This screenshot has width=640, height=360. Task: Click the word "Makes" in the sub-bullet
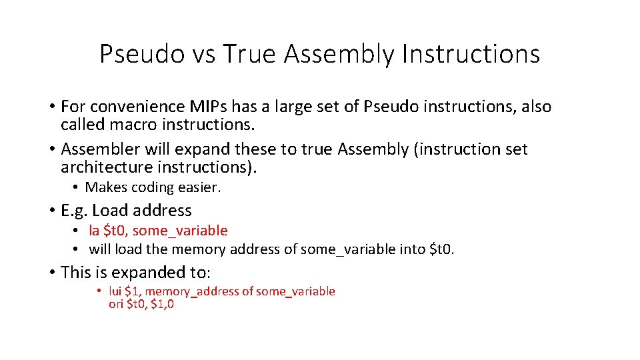pyautogui.click(x=105, y=188)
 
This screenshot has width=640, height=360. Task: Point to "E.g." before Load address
pyautogui.click(x=74, y=211)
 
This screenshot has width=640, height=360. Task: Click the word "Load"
pyautogui.click(x=109, y=211)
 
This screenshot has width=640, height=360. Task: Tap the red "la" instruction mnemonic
pyautogui.click(x=94, y=231)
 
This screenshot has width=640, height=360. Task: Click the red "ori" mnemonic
pyautogui.click(x=116, y=305)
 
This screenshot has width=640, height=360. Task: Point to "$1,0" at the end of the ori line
pyautogui.click(x=163, y=305)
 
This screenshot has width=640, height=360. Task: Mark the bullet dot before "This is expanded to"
pyautogui.click(x=52, y=273)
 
